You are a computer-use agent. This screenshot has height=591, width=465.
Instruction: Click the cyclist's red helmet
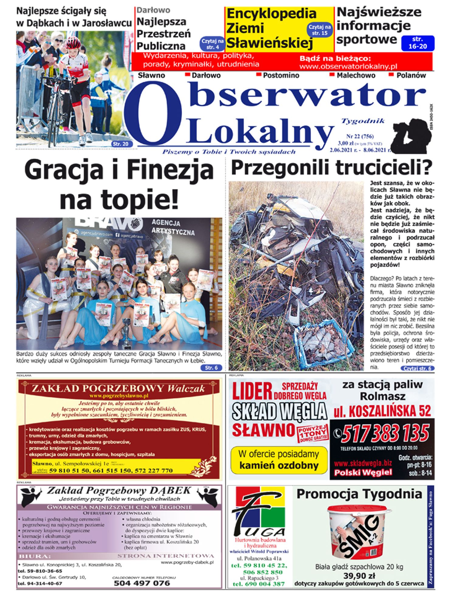[73, 43]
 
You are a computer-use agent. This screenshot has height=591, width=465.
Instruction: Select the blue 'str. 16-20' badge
[418, 43]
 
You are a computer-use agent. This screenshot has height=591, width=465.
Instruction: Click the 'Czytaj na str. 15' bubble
[320, 30]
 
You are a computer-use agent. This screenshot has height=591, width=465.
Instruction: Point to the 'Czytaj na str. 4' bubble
[212, 44]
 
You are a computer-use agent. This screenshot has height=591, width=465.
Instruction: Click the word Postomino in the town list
[281, 75]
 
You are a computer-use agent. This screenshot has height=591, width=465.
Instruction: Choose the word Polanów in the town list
[411, 75]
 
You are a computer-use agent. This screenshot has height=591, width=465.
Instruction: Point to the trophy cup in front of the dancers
[126, 333]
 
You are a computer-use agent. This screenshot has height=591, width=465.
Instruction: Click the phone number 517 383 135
[385, 433]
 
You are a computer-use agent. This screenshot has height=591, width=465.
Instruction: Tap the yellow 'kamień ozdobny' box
[279, 460]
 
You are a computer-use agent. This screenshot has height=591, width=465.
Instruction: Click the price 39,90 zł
[359, 575]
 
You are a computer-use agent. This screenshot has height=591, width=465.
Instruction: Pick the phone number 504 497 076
[142, 583]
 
